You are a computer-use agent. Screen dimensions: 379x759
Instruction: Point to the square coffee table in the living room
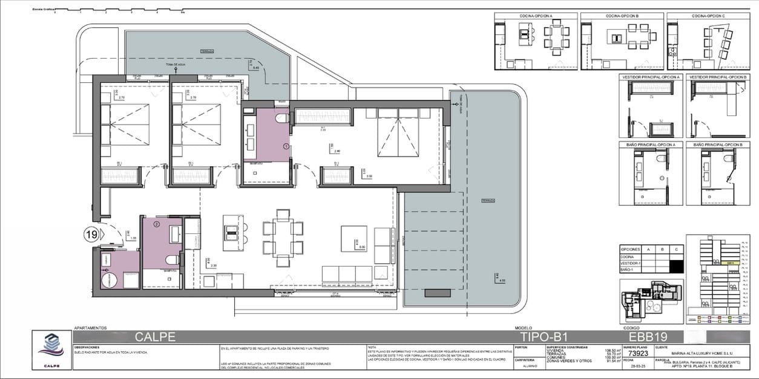coord(353,238)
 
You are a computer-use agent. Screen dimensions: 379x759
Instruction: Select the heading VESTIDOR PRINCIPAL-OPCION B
coord(718,77)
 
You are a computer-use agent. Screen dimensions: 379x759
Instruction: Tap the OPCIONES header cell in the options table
coord(631,248)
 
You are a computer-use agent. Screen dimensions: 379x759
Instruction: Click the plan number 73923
coord(632,354)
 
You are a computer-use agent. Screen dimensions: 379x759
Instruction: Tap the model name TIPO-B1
coord(543,337)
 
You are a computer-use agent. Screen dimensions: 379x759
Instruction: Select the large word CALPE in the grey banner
coord(155,337)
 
